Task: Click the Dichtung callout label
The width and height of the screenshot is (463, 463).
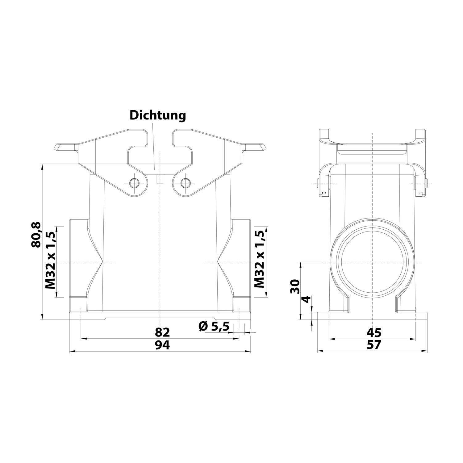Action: pyautogui.click(x=158, y=115)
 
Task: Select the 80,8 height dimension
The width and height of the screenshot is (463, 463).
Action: pyautogui.click(x=36, y=235)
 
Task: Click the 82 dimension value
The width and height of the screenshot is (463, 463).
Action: pyautogui.click(x=162, y=332)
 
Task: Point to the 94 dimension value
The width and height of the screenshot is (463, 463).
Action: pyautogui.click(x=162, y=345)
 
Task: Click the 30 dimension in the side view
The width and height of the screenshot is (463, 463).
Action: pyautogui.click(x=295, y=287)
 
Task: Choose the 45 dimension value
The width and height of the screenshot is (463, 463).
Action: pyautogui.click(x=374, y=332)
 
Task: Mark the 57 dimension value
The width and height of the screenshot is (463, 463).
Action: pyautogui.click(x=374, y=345)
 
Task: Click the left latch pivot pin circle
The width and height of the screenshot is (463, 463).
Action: pyautogui.click(x=134, y=183)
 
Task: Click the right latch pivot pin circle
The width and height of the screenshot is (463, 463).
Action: pyautogui.click(x=186, y=183)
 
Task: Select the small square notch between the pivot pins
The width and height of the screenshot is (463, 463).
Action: pyautogui.click(x=160, y=180)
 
